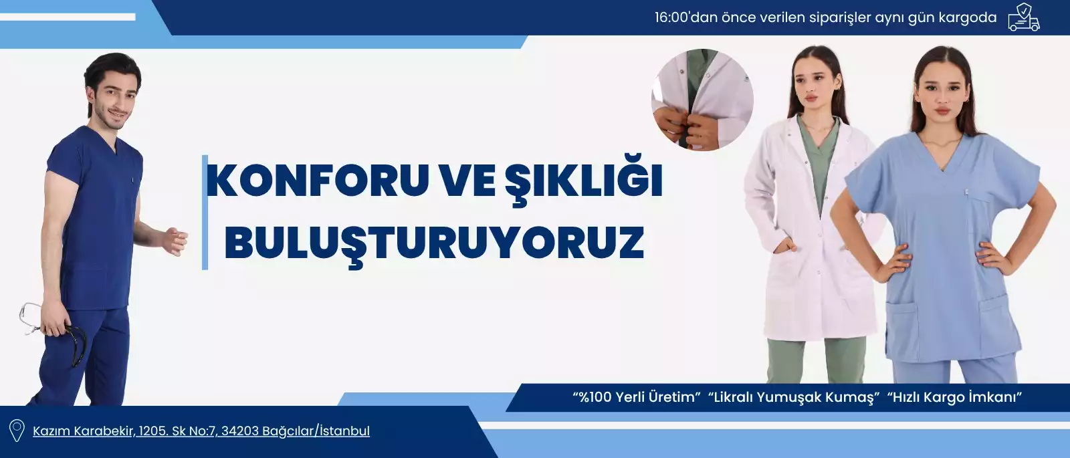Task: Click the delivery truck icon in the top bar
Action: [x=1024, y=17]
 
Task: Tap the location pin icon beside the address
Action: [x=17, y=431]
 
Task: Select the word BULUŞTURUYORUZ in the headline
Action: [x=434, y=243]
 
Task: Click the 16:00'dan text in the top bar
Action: [x=685, y=17]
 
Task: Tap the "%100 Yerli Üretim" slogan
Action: [x=636, y=397]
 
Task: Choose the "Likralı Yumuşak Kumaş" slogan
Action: [x=793, y=397]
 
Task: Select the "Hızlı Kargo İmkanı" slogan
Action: [x=954, y=397]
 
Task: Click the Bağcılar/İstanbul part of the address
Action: [x=316, y=431]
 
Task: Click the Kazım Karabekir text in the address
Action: [x=84, y=431]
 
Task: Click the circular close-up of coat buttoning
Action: [x=702, y=100]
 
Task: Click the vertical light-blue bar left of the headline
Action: [x=205, y=213]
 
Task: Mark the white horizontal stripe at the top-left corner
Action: [x=68, y=17]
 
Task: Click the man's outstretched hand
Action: [x=175, y=241]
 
